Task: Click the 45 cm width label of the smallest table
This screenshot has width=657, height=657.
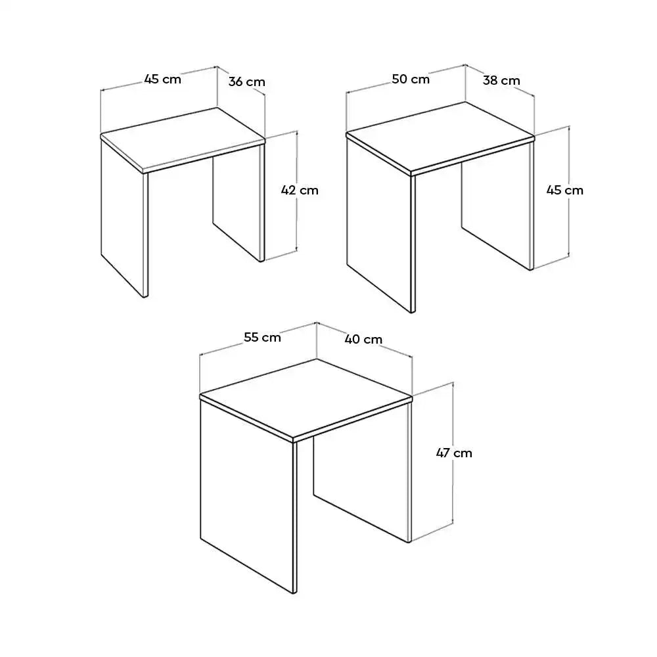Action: [162, 79]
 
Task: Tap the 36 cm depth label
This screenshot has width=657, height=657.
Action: [247, 82]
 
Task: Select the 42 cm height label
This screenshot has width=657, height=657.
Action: [300, 190]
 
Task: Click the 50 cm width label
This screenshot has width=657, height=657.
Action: [411, 79]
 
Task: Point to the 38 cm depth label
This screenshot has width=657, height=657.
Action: [501, 81]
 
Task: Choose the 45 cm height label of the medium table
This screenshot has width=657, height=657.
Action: [564, 191]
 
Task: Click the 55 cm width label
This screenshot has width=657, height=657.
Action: [262, 338]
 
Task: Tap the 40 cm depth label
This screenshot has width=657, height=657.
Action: [363, 340]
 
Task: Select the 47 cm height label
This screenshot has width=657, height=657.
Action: [454, 453]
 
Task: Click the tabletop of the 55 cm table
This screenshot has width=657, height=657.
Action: [306, 397]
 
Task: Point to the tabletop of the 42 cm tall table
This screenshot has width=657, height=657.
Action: [183, 139]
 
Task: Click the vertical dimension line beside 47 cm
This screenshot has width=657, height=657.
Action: [453, 420]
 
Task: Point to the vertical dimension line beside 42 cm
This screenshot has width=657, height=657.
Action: [297, 223]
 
